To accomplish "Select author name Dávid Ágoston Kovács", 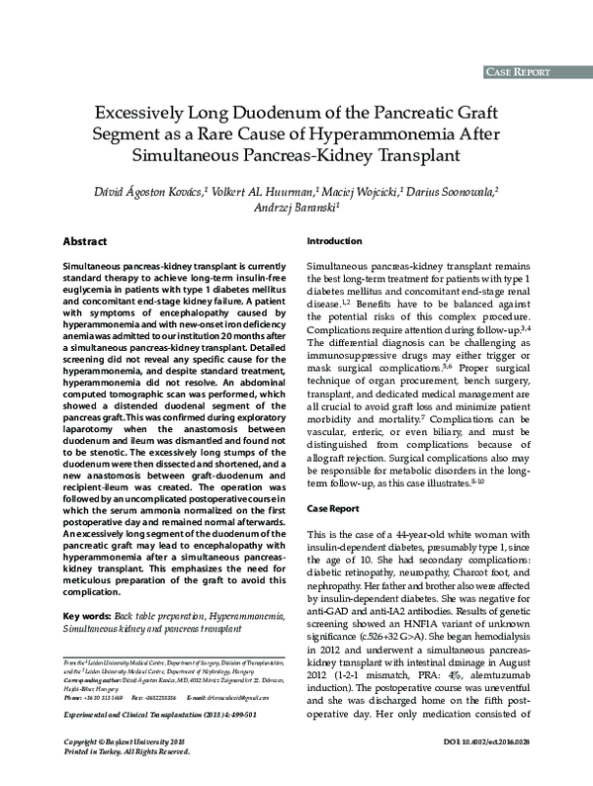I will coord(147,190).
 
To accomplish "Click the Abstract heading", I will coord(85,241).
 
